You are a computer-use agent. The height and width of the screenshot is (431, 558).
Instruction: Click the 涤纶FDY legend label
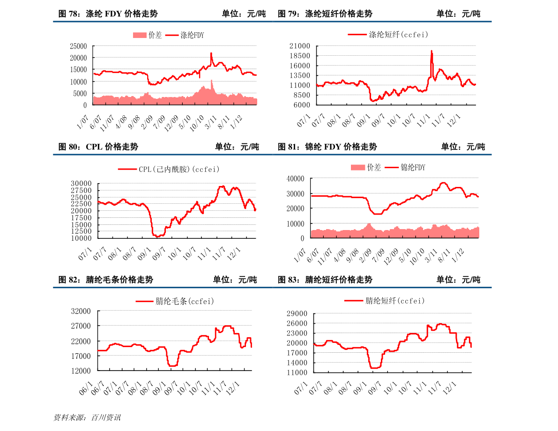pyautogui.click(x=192, y=35)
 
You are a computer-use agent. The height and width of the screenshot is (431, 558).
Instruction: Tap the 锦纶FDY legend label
pyautogui.click(x=413, y=167)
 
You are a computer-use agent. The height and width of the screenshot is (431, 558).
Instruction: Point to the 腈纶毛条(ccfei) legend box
pyautogui.click(x=175, y=301)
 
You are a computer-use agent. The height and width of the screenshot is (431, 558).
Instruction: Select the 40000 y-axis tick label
pyautogui.click(x=296, y=178)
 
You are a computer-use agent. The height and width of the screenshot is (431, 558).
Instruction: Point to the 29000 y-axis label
pyautogui.click(x=298, y=313)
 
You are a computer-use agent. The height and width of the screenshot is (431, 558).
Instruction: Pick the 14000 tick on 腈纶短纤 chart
pyautogui.click(x=298, y=363)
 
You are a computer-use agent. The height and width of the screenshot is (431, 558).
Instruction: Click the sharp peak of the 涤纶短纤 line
pyautogui.click(x=431, y=51)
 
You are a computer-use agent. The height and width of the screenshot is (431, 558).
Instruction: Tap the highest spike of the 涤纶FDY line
pyautogui.click(x=211, y=53)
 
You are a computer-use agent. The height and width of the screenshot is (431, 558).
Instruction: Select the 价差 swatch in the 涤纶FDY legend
pyautogui.click(x=140, y=35)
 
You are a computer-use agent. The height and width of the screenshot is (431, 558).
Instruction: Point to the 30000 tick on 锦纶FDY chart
pyautogui.click(x=296, y=193)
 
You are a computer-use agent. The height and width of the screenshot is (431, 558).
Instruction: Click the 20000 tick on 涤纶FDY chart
pyautogui.click(x=78, y=58)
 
